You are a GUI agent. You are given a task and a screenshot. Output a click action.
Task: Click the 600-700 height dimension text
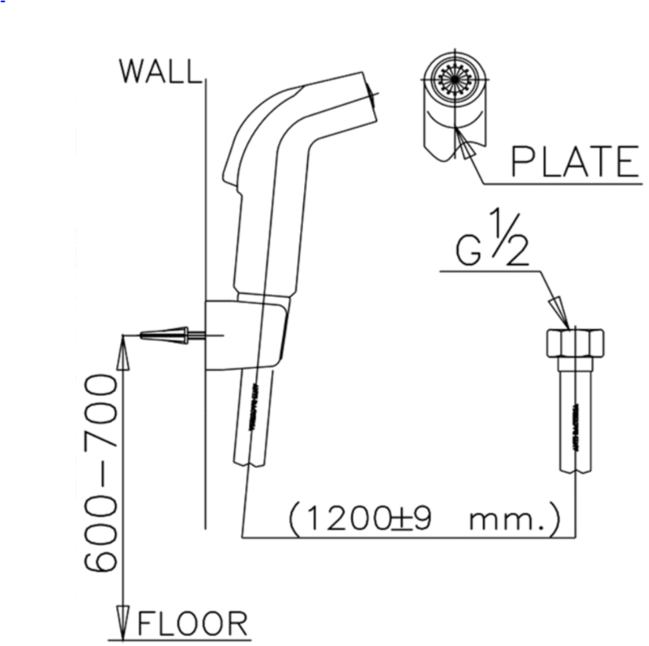(x=102, y=475)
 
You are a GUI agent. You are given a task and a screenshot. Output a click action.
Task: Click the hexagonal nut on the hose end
(x=575, y=344)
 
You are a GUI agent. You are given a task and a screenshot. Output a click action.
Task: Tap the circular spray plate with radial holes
(x=455, y=81)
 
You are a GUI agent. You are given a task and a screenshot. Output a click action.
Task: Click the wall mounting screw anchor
(x=166, y=336)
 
